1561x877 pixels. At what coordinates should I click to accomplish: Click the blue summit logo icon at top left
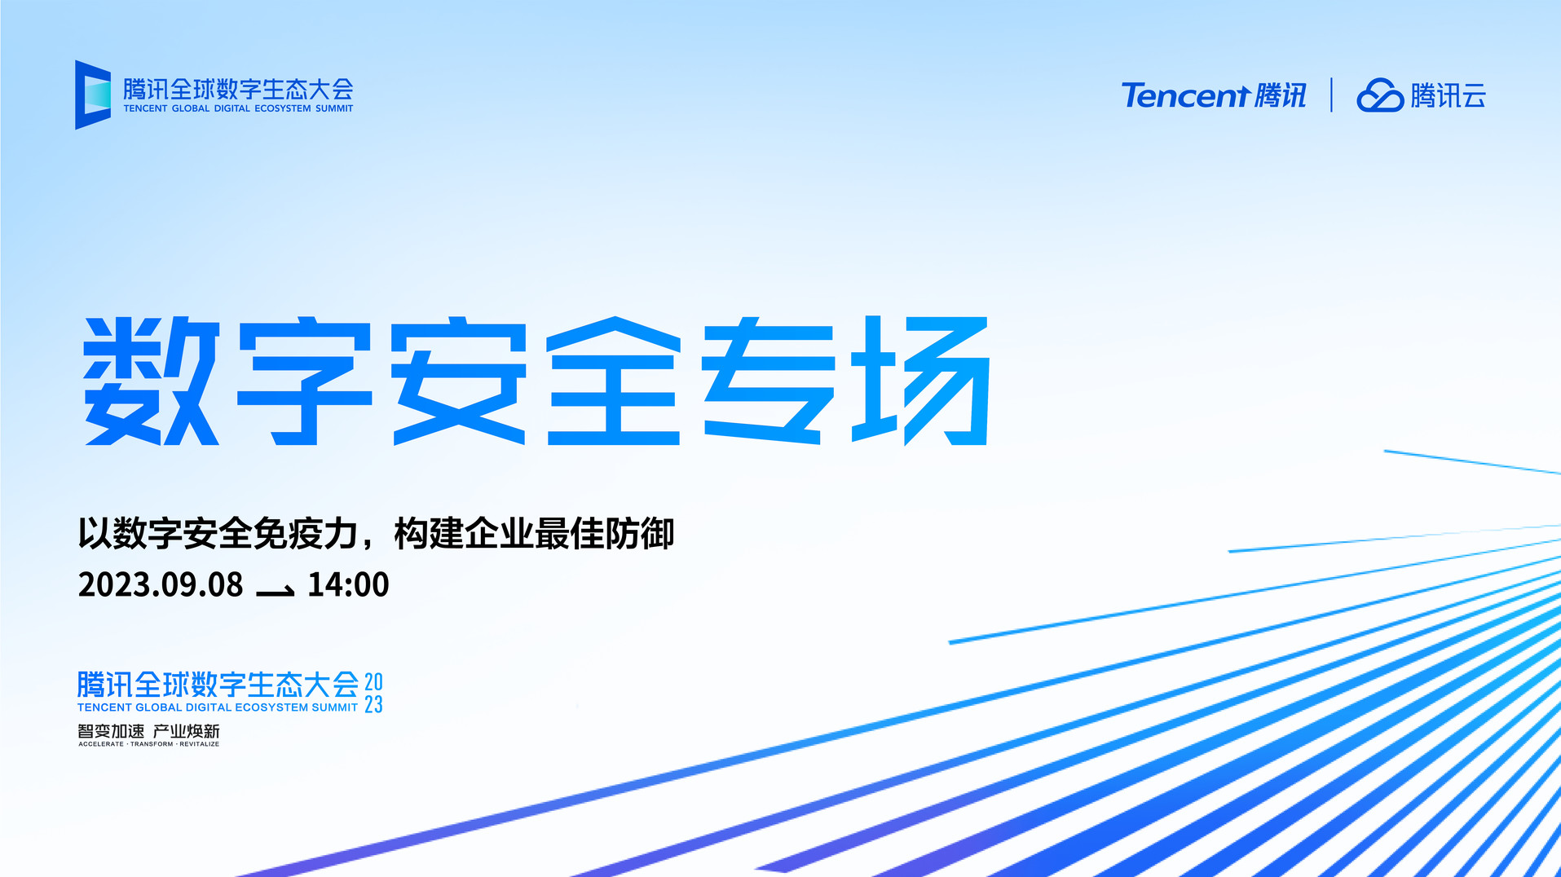click(93, 95)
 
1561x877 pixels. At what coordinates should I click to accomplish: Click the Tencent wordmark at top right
click(1185, 95)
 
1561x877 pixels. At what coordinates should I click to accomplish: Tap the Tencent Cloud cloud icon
click(1379, 95)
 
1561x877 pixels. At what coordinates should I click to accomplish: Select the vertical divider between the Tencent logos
click(1331, 95)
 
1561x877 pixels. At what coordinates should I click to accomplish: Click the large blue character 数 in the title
click(152, 381)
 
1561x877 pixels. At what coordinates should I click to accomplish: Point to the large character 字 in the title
click(305, 381)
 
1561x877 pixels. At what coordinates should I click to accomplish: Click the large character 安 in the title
click(459, 381)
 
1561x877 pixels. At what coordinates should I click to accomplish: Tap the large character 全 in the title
click(613, 381)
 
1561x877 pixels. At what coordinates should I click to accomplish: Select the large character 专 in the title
click(769, 381)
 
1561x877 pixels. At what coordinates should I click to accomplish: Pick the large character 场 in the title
click(921, 381)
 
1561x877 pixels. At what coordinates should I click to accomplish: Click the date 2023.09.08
click(161, 584)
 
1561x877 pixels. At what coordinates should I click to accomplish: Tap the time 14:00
click(348, 584)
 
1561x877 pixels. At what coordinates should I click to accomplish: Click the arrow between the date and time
click(276, 590)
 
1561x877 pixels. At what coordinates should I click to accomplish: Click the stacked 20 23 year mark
click(373, 693)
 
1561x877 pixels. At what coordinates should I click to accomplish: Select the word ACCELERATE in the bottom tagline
click(101, 744)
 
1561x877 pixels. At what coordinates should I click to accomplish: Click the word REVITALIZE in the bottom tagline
click(200, 744)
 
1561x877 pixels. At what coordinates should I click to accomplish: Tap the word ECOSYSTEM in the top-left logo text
click(283, 108)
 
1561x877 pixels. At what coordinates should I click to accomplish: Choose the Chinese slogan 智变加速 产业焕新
click(148, 731)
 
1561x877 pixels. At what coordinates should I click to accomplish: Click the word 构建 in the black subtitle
click(429, 534)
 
